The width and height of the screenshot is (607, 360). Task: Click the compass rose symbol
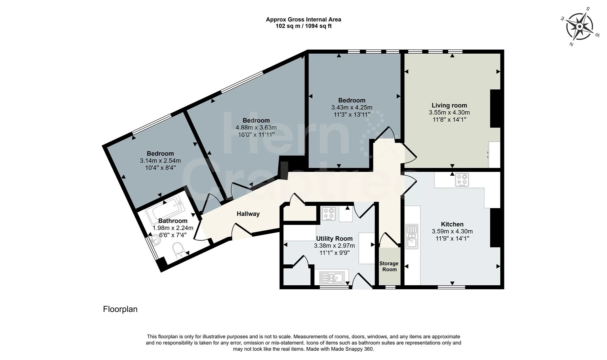580,26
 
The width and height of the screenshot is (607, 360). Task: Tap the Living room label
449,105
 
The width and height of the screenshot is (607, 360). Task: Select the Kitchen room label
452,224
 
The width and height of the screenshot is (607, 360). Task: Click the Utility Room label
334,238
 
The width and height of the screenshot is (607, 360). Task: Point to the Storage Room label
389,266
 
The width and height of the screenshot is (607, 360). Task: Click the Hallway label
248,214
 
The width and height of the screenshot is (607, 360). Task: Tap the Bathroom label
173,221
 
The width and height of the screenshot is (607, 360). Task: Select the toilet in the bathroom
178,250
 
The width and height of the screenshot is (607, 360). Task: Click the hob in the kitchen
462,180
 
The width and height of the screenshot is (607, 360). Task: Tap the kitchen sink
412,236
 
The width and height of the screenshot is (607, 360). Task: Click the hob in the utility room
328,214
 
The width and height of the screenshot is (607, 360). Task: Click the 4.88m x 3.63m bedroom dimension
256,127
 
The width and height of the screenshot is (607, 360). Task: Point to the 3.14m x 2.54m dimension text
160,161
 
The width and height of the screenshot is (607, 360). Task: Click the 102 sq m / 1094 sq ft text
303,26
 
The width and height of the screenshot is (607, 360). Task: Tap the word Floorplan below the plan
120,309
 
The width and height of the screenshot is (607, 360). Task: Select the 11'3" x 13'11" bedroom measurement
352,115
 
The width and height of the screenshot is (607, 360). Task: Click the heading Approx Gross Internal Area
303,19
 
